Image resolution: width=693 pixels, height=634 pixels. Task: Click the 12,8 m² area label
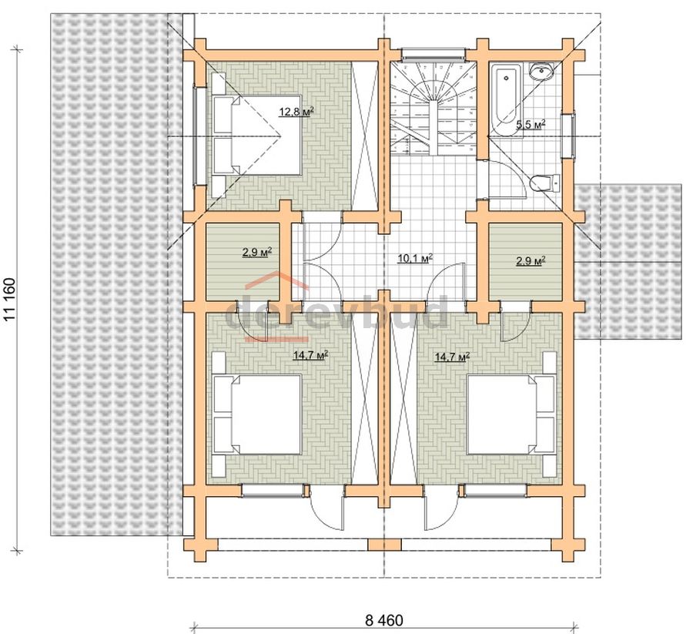pyautogui.click(x=296, y=111)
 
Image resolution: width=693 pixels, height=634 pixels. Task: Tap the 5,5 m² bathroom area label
pyautogui.click(x=531, y=124)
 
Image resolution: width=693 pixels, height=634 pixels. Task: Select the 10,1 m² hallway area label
pyautogui.click(x=415, y=258)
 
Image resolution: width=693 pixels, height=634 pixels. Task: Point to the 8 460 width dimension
pyautogui.click(x=384, y=620)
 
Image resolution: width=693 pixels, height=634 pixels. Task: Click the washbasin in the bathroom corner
pyautogui.click(x=542, y=71)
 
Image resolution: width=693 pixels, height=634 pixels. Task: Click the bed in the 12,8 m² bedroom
pyautogui.click(x=256, y=135)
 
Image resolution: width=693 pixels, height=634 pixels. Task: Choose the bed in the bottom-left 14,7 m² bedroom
pyautogui.click(x=256, y=414)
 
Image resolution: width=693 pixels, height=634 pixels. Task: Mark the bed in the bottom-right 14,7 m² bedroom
pyautogui.click(x=511, y=414)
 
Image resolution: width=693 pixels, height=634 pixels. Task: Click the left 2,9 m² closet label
pyautogui.click(x=256, y=253)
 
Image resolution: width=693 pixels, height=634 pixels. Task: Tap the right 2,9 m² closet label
pyautogui.click(x=531, y=260)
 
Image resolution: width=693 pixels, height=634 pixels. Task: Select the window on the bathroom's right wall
pyautogui.click(x=570, y=136)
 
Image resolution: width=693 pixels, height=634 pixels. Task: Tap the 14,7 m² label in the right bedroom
pyautogui.click(x=452, y=357)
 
